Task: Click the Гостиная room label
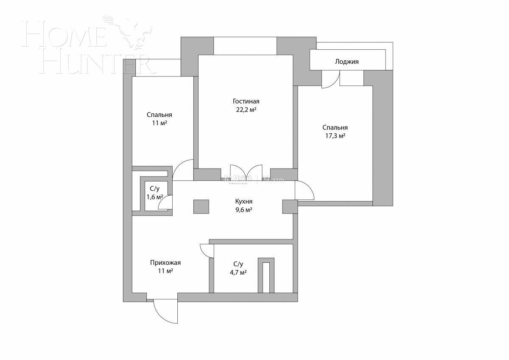tap(246, 101)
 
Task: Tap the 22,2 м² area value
tap(246, 110)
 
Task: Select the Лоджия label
tap(347, 62)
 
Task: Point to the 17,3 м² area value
tap(335, 136)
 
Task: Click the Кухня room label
tap(245, 202)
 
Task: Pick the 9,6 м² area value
tap(244, 210)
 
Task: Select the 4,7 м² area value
tap(238, 273)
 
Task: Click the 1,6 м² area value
tap(155, 197)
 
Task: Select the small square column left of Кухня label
tap(201, 206)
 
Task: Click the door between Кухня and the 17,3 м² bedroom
tap(305, 190)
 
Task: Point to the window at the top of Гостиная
tap(245, 46)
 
